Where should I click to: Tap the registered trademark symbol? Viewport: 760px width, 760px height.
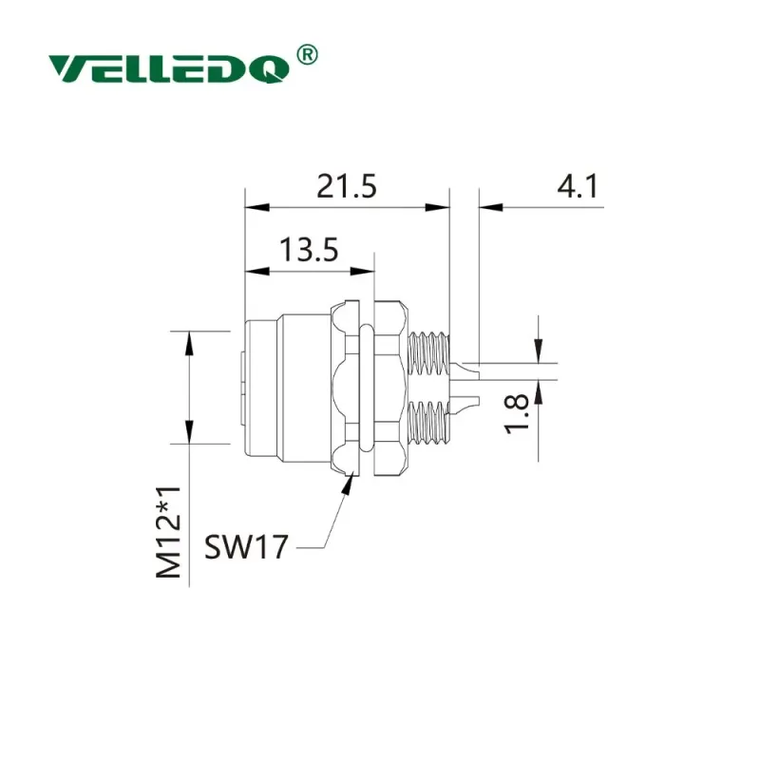click(307, 55)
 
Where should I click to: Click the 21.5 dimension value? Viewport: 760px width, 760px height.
click(346, 186)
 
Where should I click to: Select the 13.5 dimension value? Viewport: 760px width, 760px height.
click(309, 250)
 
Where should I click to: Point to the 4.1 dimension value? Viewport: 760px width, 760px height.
click(578, 186)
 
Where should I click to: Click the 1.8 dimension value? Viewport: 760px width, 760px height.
click(516, 413)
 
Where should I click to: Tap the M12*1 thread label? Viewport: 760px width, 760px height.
click(168, 532)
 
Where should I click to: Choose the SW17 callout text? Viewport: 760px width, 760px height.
click(246, 547)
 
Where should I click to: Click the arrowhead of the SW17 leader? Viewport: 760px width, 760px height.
click(348, 484)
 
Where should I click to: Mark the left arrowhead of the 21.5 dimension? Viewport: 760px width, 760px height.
click(256, 207)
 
